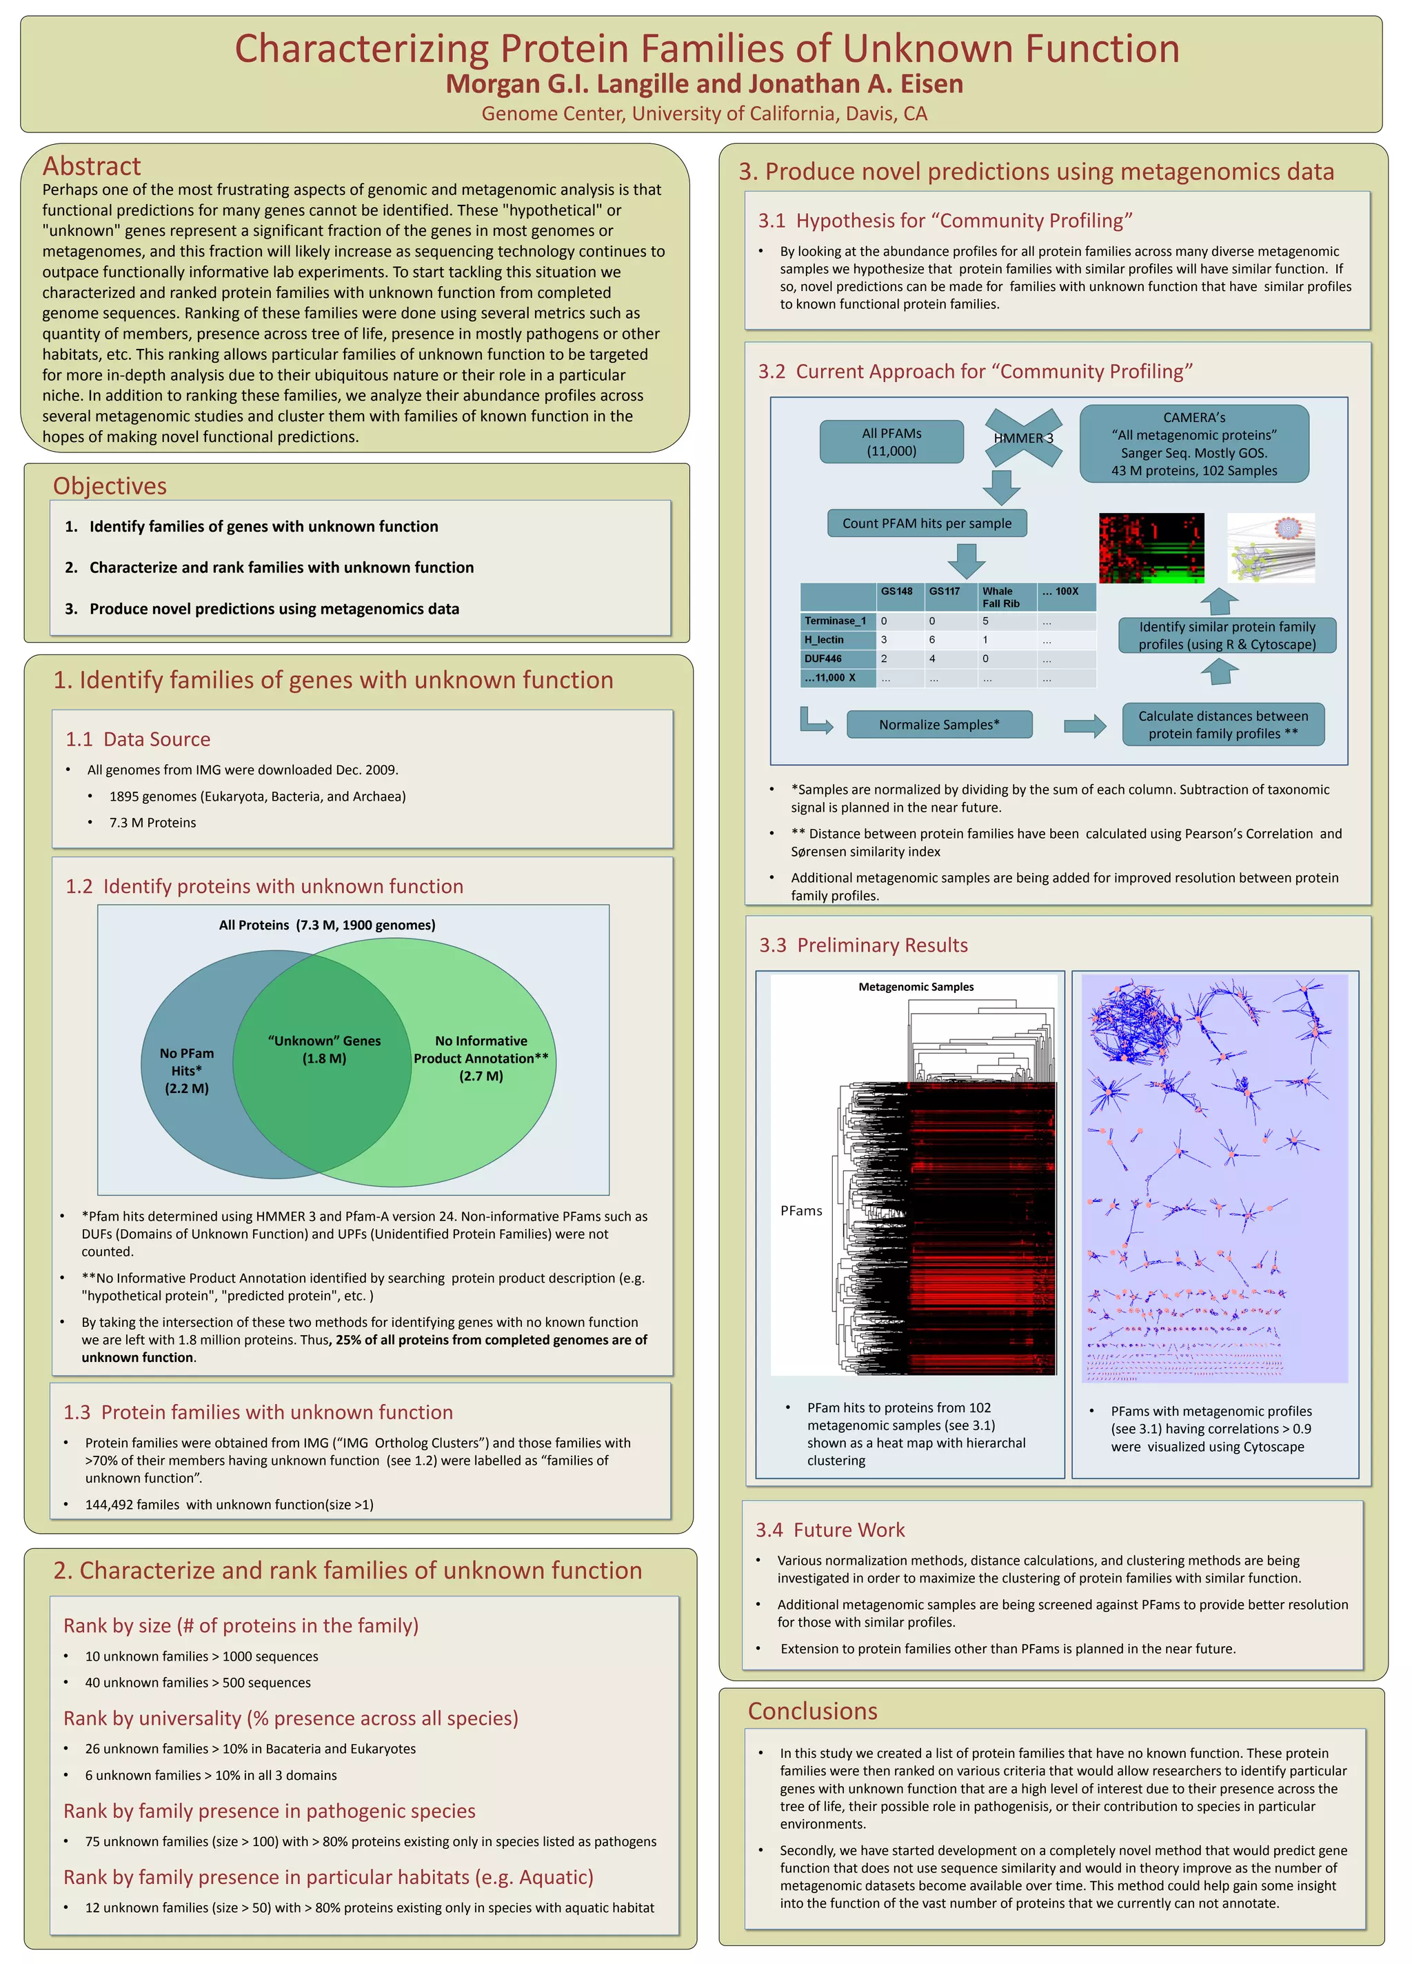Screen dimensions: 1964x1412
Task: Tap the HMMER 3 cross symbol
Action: click(1023, 438)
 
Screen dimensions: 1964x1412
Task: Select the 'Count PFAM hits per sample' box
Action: click(927, 523)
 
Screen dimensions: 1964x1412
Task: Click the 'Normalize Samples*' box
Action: click(938, 725)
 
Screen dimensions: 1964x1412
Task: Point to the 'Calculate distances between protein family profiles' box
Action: click(1222, 725)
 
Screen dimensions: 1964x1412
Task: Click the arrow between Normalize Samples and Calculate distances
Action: click(1084, 725)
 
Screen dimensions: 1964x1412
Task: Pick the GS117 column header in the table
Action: click(945, 592)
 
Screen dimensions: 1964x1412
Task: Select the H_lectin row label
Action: click(824, 640)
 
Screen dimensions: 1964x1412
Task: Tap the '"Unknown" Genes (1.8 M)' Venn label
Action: click(324, 1050)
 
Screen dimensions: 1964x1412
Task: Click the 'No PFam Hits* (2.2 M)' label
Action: click(187, 1070)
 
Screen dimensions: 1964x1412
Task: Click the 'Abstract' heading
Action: click(92, 166)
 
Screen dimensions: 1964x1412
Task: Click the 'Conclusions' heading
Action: click(812, 1711)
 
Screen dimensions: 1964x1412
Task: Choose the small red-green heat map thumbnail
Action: click(1151, 548)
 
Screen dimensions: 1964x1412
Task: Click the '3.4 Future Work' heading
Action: click(829, 1530)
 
